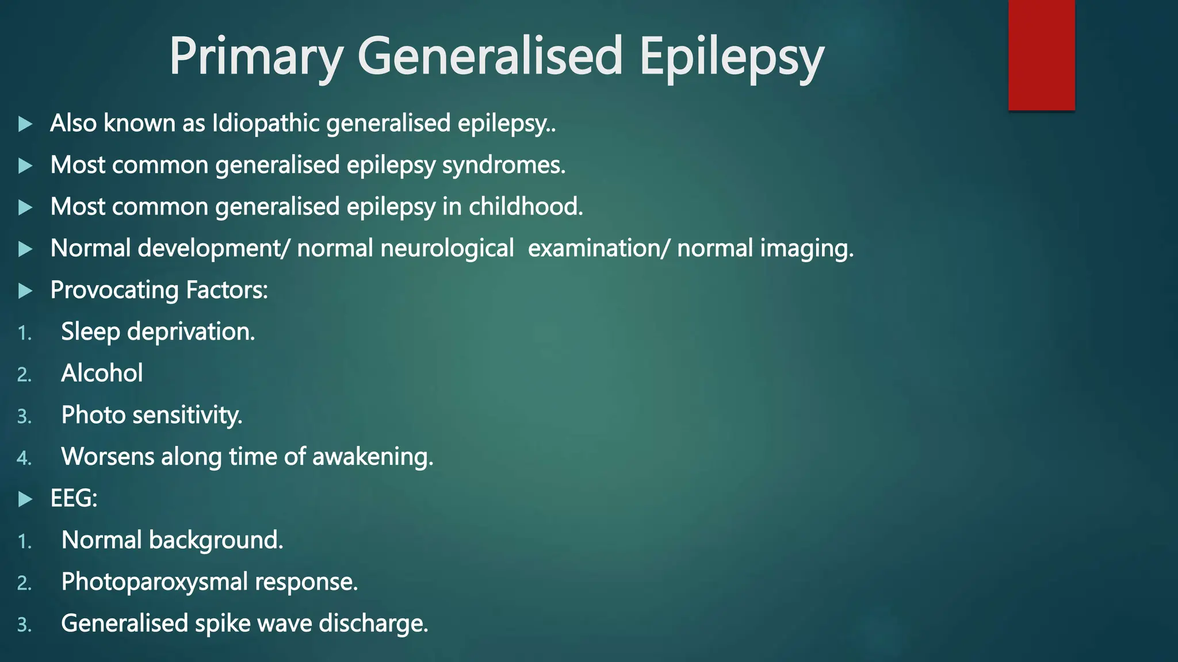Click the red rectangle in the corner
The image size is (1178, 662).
(1041, 55)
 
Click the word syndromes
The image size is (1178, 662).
(504, 165)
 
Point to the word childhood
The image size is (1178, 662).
(526, 207)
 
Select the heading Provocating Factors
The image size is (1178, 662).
(159, 290)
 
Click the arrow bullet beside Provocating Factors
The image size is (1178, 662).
(25, 291)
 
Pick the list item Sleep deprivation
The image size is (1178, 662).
(158, 332)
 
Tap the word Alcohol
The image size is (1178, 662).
(102, 374)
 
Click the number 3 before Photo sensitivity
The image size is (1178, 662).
(24, 416)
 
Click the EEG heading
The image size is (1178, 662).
(74, 499)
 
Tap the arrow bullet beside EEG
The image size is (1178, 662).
(25, 499)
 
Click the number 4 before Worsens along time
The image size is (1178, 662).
(24, 458)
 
